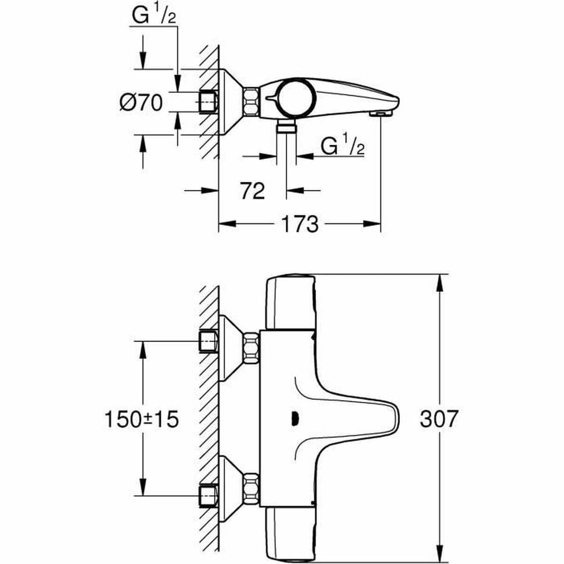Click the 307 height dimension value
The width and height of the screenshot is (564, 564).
(x=438, y=419)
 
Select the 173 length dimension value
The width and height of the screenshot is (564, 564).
(x=299, y=225)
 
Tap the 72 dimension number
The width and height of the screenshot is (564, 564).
(x=252, y=191)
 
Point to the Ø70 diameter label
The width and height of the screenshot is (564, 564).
(x=141, y=102)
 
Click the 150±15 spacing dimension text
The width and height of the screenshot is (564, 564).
(x=141, y=419)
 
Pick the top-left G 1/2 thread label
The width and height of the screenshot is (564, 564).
(x=152, y=17)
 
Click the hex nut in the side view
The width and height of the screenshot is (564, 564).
(x=251, y=102)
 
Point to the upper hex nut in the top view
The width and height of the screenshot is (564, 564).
(x=251, y=348)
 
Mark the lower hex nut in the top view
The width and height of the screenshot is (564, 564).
(x=251, y=491)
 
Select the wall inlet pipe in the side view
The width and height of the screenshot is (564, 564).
(x=209, y=102)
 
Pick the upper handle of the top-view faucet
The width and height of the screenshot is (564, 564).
(x=290, y=303)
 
